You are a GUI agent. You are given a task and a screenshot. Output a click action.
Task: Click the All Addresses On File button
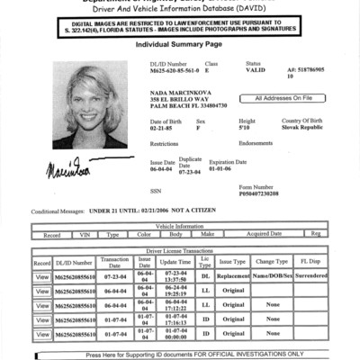284,98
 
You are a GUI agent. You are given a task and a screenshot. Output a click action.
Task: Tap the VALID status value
256,71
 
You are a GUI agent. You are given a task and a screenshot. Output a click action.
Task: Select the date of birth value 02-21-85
163,129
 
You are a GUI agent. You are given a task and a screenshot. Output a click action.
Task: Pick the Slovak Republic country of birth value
301,129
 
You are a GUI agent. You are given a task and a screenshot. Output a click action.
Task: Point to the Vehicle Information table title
180,226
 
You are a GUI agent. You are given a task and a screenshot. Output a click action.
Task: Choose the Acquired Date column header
265,234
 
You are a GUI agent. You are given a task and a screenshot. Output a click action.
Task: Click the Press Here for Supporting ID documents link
180,355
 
